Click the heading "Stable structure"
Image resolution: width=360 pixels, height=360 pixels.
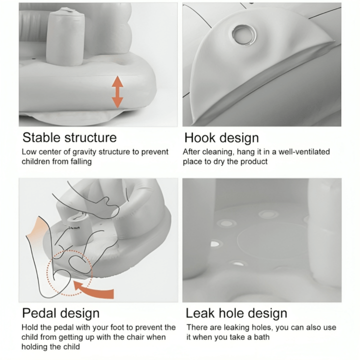point(69,137)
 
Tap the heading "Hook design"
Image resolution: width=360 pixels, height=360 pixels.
point(221,138)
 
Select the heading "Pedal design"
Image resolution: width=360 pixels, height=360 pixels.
point(61,313)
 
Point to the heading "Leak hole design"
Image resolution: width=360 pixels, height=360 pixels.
point(236,313)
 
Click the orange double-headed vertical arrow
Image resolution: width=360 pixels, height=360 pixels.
point(117,92)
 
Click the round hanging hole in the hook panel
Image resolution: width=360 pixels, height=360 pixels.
point(243,34)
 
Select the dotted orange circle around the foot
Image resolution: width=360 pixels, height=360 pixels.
point(69,273)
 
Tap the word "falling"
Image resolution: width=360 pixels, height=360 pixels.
point(81,161)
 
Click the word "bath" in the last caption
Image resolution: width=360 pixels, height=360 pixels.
point(261,337)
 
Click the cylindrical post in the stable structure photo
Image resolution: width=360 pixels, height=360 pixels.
point(65,36)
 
